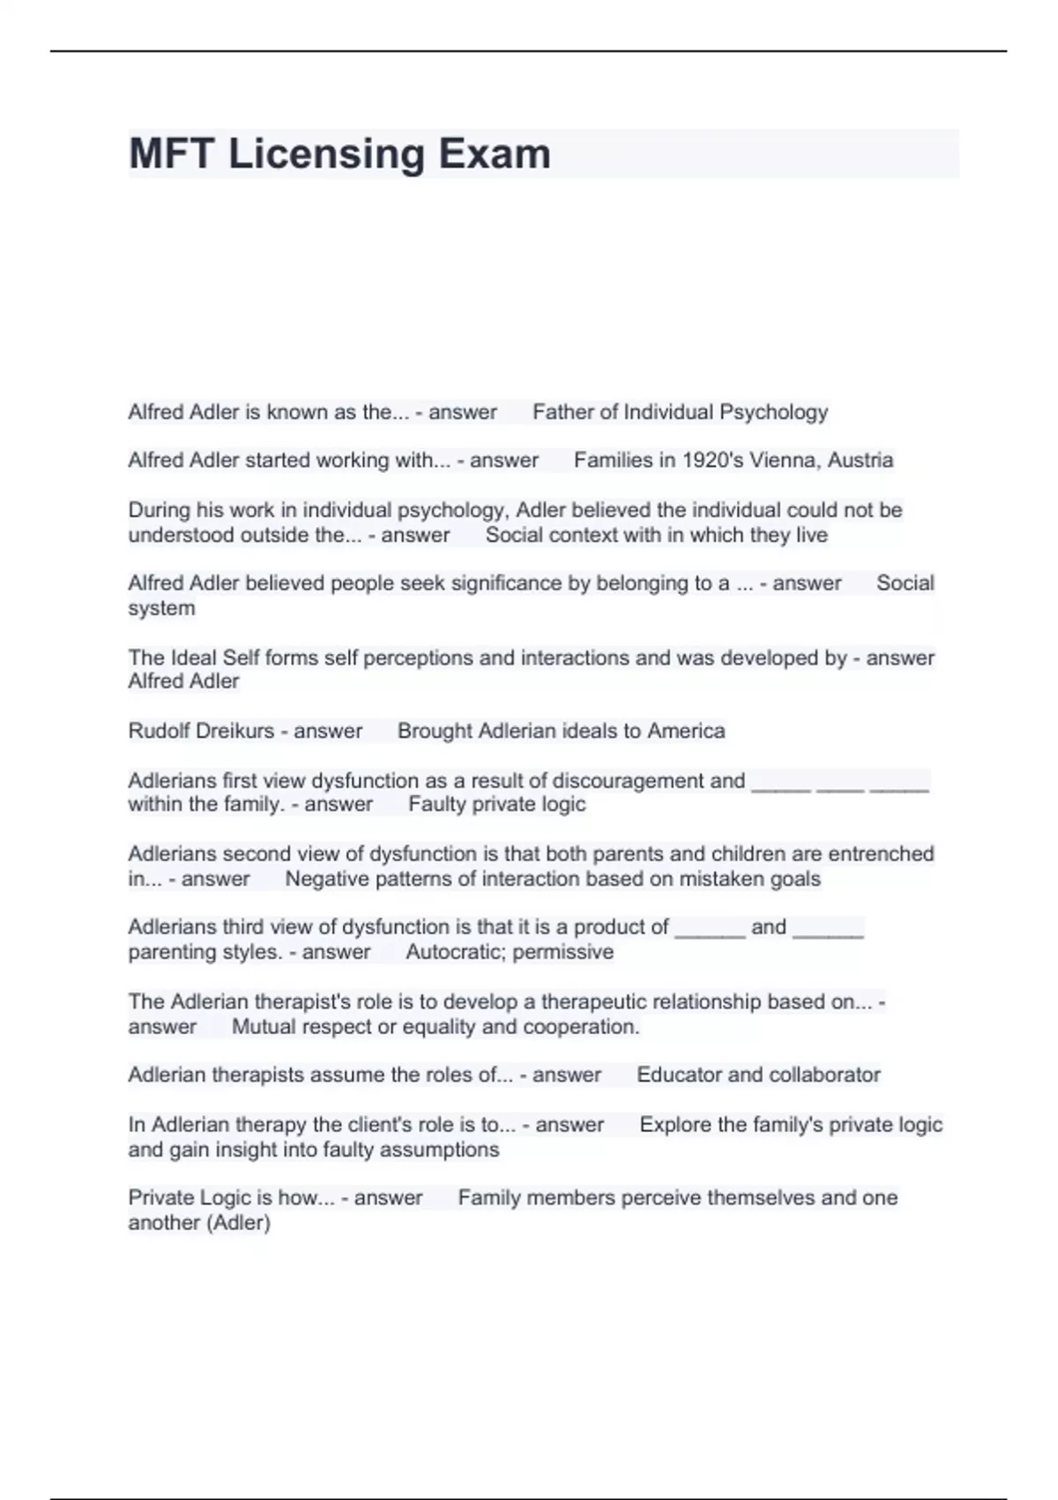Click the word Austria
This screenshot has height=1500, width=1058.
860,460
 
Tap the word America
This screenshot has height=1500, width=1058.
686,731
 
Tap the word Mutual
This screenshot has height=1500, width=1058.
260,1027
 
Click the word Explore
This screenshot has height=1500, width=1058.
675,1124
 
